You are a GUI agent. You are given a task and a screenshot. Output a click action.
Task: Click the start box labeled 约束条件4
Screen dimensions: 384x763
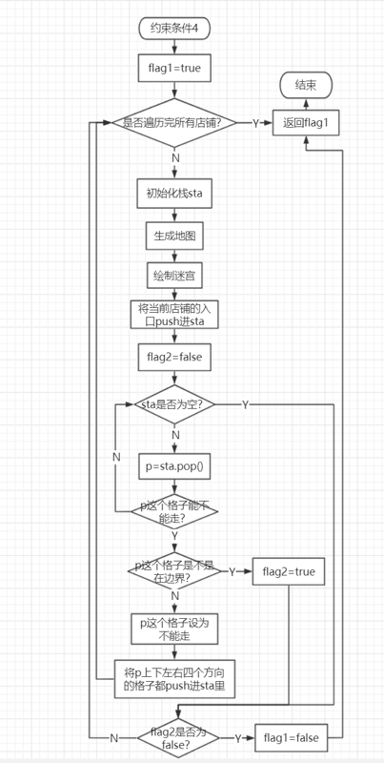click(174, 29)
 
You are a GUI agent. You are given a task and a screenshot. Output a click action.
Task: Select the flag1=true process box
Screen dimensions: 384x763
click(174, 68)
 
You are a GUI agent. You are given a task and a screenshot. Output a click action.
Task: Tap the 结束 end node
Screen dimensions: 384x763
click(306, 86)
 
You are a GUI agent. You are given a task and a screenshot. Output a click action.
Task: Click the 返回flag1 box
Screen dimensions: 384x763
click(305, 123)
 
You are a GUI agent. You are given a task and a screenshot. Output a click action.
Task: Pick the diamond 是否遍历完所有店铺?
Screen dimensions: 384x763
click(174, 123)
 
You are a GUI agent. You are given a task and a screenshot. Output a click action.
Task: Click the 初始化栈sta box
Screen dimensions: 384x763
click(174, 194)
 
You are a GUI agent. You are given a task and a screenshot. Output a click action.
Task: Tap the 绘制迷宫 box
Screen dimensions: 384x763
click(174, 276)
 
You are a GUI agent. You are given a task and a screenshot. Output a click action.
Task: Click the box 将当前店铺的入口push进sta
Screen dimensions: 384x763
click(174, 315)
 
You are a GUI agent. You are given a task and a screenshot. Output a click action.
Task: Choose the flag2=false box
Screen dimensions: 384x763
click(174, 357)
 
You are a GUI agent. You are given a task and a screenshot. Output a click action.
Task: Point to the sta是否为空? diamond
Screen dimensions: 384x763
click(174, 404)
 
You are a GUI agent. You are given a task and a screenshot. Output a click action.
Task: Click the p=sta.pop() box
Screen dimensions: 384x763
click(174, 466)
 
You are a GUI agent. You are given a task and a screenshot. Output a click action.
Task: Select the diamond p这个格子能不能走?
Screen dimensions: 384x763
click(174, 511)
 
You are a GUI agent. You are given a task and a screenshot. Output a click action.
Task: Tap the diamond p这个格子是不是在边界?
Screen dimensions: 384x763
click(174, 571)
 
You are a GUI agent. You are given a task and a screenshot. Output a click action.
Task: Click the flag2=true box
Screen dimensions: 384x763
click(289, 571)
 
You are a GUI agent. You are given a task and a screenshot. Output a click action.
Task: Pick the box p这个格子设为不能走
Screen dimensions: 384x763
click(174, 629)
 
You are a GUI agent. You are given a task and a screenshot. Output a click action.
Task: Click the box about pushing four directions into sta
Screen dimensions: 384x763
click(174, 679)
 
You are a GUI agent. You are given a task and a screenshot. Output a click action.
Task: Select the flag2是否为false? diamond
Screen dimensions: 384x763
click(178, 737)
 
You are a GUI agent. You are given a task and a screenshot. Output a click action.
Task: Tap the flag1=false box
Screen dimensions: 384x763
click(292, 737)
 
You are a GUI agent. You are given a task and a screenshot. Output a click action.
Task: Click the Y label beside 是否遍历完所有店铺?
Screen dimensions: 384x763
click(255, 123)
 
